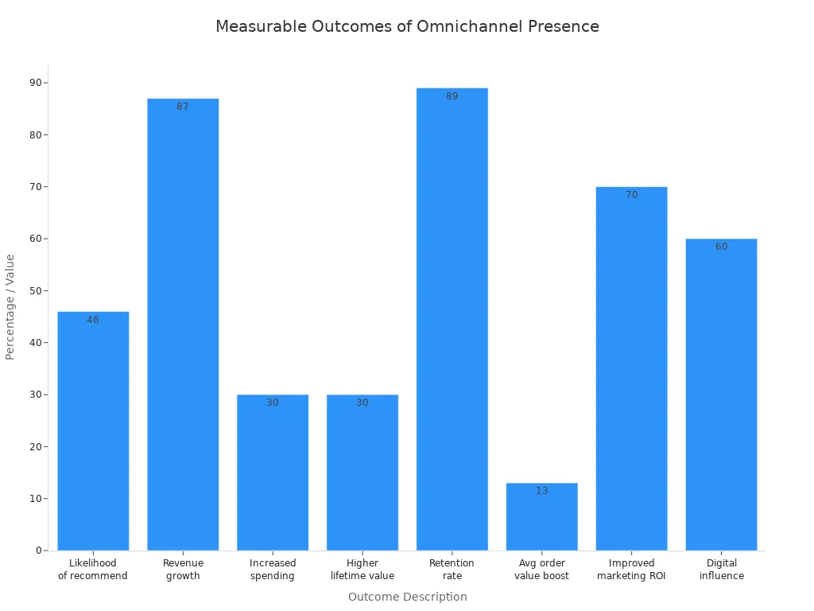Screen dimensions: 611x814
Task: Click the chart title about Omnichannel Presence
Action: [x=407, y=26]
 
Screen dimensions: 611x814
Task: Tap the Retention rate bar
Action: [x=452, y=319]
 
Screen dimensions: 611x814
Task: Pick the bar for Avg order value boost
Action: [x=541, y=516]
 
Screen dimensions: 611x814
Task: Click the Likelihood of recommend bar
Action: [x=93, y=430]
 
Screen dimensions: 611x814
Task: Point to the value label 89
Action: [x=452, y=96]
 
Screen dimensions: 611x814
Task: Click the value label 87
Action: [x=183, y=107]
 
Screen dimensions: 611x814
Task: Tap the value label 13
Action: [x=541, y=491]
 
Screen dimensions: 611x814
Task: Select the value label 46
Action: [x=93, y=320]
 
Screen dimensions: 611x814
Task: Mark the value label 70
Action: [x=631, y=195]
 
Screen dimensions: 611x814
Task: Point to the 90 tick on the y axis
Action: [x=36, y=83]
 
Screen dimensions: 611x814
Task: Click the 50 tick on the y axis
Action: [x=36, y=290]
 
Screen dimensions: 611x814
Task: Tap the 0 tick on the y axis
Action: [x=38, y=551]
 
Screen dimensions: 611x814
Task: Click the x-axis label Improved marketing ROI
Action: [x=631, y=570]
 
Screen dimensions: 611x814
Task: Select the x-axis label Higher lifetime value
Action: [x=362, y=570]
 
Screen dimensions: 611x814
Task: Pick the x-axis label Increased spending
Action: [x=273, y=570]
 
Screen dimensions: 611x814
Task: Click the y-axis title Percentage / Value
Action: [x=10, y=306]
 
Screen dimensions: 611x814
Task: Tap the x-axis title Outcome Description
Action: [x=407, y=597]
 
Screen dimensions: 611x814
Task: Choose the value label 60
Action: [x=721, y=247]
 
